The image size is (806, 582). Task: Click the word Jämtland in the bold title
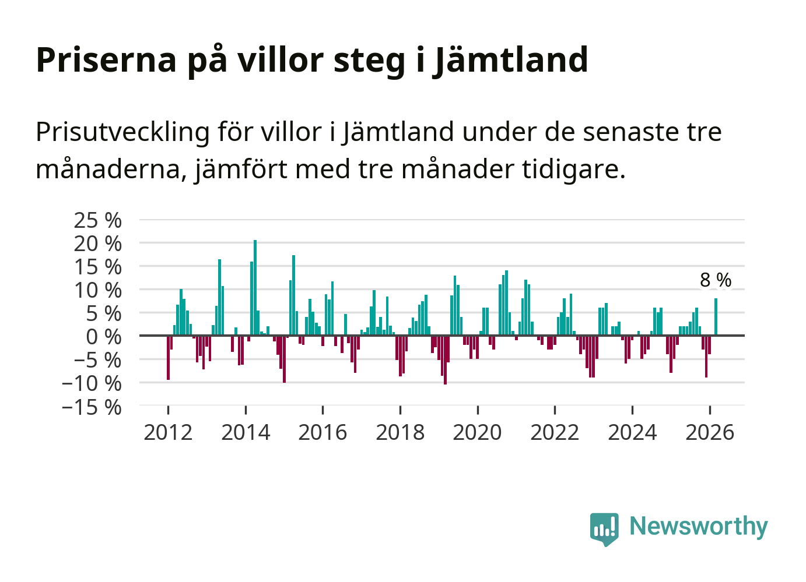[511, 60]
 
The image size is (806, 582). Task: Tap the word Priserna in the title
[106, 60]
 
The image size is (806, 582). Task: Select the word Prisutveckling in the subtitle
[122, 132]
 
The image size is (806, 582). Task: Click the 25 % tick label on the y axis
[98, 221]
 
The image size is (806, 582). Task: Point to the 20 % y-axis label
[98, 244]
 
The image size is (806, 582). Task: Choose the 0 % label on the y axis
[104, 337]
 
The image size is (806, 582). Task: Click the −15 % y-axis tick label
[92, 407]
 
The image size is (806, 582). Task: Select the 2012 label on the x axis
[168, 433]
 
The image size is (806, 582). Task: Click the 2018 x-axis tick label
[400, 433]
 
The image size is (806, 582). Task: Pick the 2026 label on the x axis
[710, 433]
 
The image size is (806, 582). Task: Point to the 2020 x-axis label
[478, 433]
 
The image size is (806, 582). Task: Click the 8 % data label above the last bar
[716, 280]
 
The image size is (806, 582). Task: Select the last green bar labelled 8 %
[716, 317]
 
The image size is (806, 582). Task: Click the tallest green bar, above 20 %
[255, 288]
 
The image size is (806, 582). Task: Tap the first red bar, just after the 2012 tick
[168, 358]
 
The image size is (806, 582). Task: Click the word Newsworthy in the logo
[699, 526]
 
